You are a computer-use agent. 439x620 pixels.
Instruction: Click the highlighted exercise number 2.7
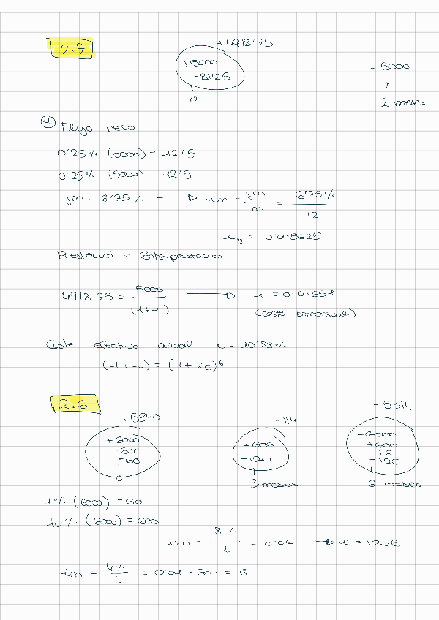pos(73,50)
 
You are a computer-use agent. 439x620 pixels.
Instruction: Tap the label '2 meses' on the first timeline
pos(402,103)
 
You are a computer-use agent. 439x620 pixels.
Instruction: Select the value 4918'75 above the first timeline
pos(246,44)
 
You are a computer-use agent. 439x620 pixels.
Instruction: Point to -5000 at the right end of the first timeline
pos(391,67)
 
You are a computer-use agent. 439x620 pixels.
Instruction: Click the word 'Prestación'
pos(85,255)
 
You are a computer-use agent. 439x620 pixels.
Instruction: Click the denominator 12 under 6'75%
pos(313,216)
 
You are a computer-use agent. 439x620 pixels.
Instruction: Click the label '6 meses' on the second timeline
pos(393,484)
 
